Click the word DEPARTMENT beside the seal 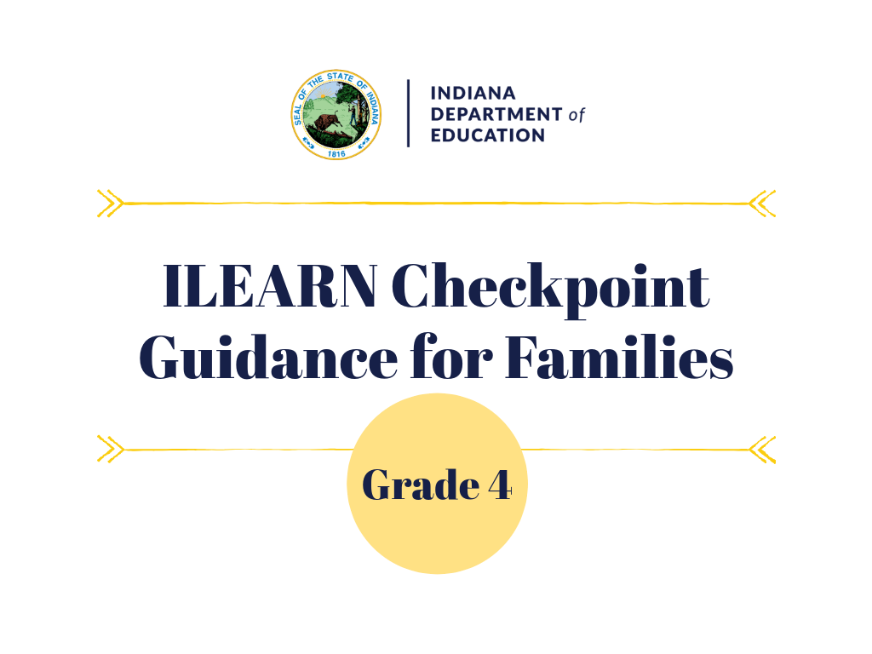496,114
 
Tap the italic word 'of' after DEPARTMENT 577,115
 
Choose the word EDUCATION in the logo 487,135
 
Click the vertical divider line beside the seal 408,113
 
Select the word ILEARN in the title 270,287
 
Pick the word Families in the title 619,359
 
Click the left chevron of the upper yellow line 110,203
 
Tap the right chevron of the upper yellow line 762,203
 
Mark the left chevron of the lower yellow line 110,449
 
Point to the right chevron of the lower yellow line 762,449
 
